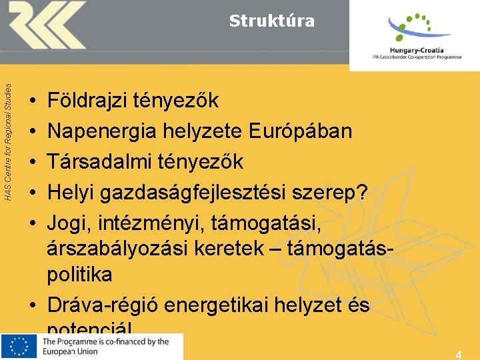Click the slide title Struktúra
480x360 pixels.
pos(271,21)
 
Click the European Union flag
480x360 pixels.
pos(19,347)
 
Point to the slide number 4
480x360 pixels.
pos(458,354)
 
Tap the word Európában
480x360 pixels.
pos(301,131)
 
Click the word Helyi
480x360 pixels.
pos(70,192)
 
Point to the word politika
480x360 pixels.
pos(79,275)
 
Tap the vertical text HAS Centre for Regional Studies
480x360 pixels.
pos(7,141)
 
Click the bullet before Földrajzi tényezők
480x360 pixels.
pos(33,102)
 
